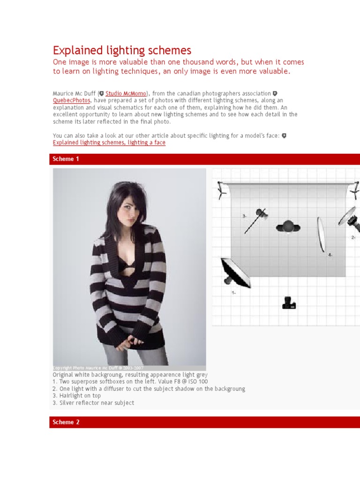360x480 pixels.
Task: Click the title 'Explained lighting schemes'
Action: pyautogui.click(x=122, y=50)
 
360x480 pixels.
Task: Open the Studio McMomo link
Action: pyautogui.click(x=126, y=94)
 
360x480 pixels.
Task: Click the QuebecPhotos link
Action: pyautogui.click(x=71, y=100)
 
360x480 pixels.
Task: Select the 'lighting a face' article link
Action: pyautogui.click(x=109, y=142)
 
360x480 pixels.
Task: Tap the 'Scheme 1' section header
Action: pyautogui.click(x=66, y=159)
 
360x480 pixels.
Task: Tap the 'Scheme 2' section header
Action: pyautogui.click(x=66, y=422)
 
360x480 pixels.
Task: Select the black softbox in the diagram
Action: pyautogui.click(x=235, y=273)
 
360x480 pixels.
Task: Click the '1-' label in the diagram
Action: pyautogui.click(x=233, y=292)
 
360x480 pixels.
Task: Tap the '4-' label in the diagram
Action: pyautogui.click(x=330, y=255)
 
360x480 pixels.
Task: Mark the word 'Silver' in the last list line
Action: pyautogui.click(x=67, y=403)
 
